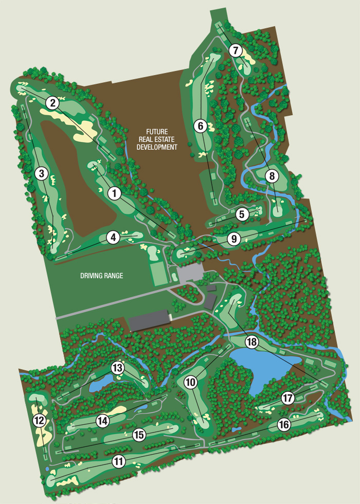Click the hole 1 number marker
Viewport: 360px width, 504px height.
point(114,193)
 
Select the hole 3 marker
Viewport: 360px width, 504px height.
point(42,174)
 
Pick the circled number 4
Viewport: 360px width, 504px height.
point(113,237)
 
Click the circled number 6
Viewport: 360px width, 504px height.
point(201,125)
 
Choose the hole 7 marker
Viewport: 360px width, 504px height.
point(236,50)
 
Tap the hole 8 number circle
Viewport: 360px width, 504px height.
point(272,176)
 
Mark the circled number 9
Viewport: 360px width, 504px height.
point(233,239)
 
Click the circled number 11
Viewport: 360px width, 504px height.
point(119,461)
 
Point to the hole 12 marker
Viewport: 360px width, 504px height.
point(39,421)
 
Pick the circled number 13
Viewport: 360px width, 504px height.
point(118,368)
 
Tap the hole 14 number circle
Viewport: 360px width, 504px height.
point(103,421)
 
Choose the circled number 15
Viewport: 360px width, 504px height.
point(138,435)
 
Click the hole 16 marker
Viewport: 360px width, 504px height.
point(284,424)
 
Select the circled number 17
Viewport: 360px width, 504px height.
point(287,398)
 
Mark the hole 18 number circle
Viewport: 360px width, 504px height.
point(251,342)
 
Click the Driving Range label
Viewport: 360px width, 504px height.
point(101,276)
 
